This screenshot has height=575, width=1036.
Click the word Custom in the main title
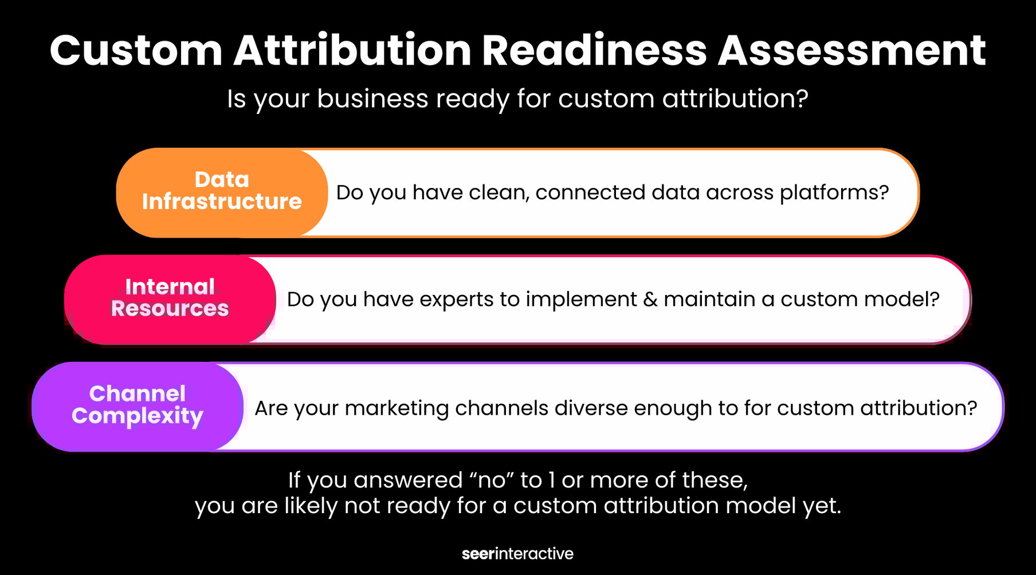click(x=136, y=51)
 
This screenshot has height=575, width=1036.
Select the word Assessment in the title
click(x=851, y=51)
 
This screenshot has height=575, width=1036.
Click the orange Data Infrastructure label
click(x=222, y=191)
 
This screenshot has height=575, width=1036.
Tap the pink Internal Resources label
click(x=170, y=298)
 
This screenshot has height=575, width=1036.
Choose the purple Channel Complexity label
click(x=138, y=405)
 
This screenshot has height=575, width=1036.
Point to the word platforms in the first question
click(x=834, y=193)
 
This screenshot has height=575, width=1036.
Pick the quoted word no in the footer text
click(x=491, y=480)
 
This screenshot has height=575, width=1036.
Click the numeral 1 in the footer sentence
click(x=552, y=480)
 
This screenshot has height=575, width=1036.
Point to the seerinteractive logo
click(x=517, y=554)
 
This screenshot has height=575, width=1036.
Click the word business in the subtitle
click(x=372, y=99)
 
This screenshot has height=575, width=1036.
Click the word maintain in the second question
click(x=709, y=300)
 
